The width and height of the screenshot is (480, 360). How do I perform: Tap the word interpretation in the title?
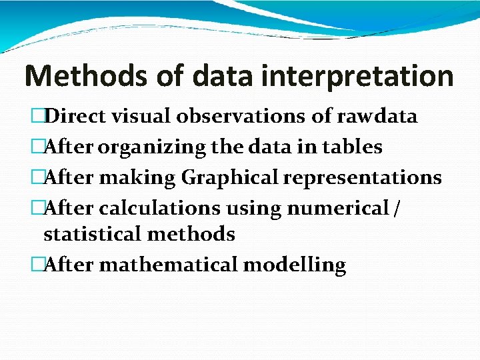(x=358, y=76)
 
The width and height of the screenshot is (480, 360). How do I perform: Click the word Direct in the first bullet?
(x=75, y=117)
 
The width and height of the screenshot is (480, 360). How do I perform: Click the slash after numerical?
(x=397, y=208)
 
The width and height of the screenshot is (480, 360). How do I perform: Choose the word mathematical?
(x=169, y=265)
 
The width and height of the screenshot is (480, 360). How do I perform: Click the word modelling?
(x=295, y=265)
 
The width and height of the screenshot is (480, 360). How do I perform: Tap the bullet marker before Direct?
(x=37, y=117)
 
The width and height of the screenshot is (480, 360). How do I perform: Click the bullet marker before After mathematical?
(x=37, y=265)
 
